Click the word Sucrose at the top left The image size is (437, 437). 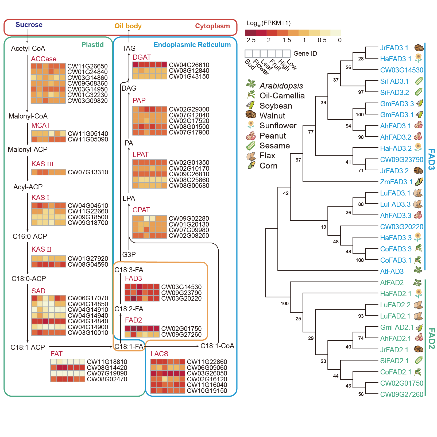click(29, 25)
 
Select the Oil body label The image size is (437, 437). click(128, 26)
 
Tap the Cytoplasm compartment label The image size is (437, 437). click(212, 26)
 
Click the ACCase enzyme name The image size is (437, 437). click(44, 59)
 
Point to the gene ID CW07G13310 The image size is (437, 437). click(88, 172)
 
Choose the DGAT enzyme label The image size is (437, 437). click(142, 57)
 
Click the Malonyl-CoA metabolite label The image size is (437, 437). click(28, 116)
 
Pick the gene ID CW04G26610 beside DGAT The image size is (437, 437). click(189, 65)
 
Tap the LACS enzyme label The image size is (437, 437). click(159, 354)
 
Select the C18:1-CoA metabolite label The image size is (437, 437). click(217, 346)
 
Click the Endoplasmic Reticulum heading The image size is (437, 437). click(192, 45)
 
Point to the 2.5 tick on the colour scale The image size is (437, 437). click(251, 40)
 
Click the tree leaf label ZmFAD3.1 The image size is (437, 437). click(396, 182)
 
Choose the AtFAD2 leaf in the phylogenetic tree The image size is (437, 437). click(392, 283)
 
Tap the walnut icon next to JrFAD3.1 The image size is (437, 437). click(419, 48)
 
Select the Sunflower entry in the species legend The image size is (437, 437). click(278, 126)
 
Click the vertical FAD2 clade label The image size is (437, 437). click(431, 338)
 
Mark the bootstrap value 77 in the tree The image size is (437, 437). click(311, 132)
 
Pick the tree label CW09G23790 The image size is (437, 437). click(401, 160)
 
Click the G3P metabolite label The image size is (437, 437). click(129, 254)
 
